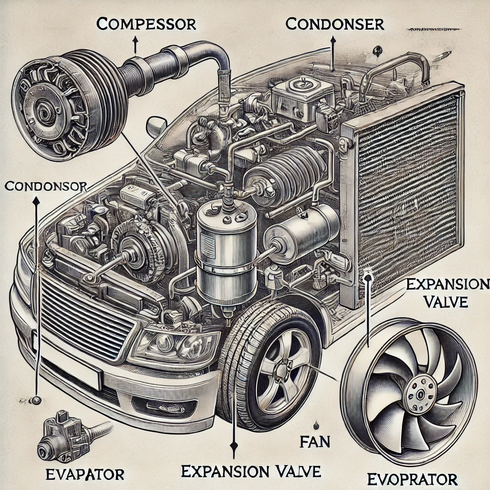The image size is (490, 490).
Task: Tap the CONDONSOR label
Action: click(45, 186)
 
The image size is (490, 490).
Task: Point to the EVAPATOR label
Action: click(85, 474)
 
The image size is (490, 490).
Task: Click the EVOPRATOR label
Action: click(412, 478)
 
